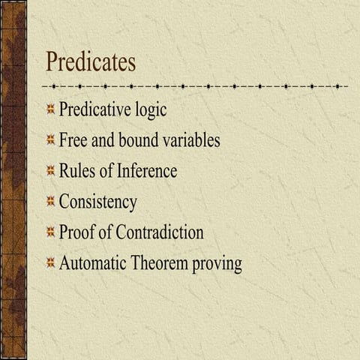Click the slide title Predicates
[91, 61]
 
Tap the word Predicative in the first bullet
[97, 109]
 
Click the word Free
[73, 140]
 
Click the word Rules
[78, 171]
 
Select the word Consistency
[98, 202]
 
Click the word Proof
[76, 232]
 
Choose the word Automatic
[94, 263]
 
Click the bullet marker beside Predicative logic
[50, 110]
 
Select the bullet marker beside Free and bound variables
[50, 140]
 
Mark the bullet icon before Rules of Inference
[50, 171]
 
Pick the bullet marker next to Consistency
[50, 202]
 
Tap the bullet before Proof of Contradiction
[50, 232]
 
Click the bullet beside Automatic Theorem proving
[50, 263]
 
